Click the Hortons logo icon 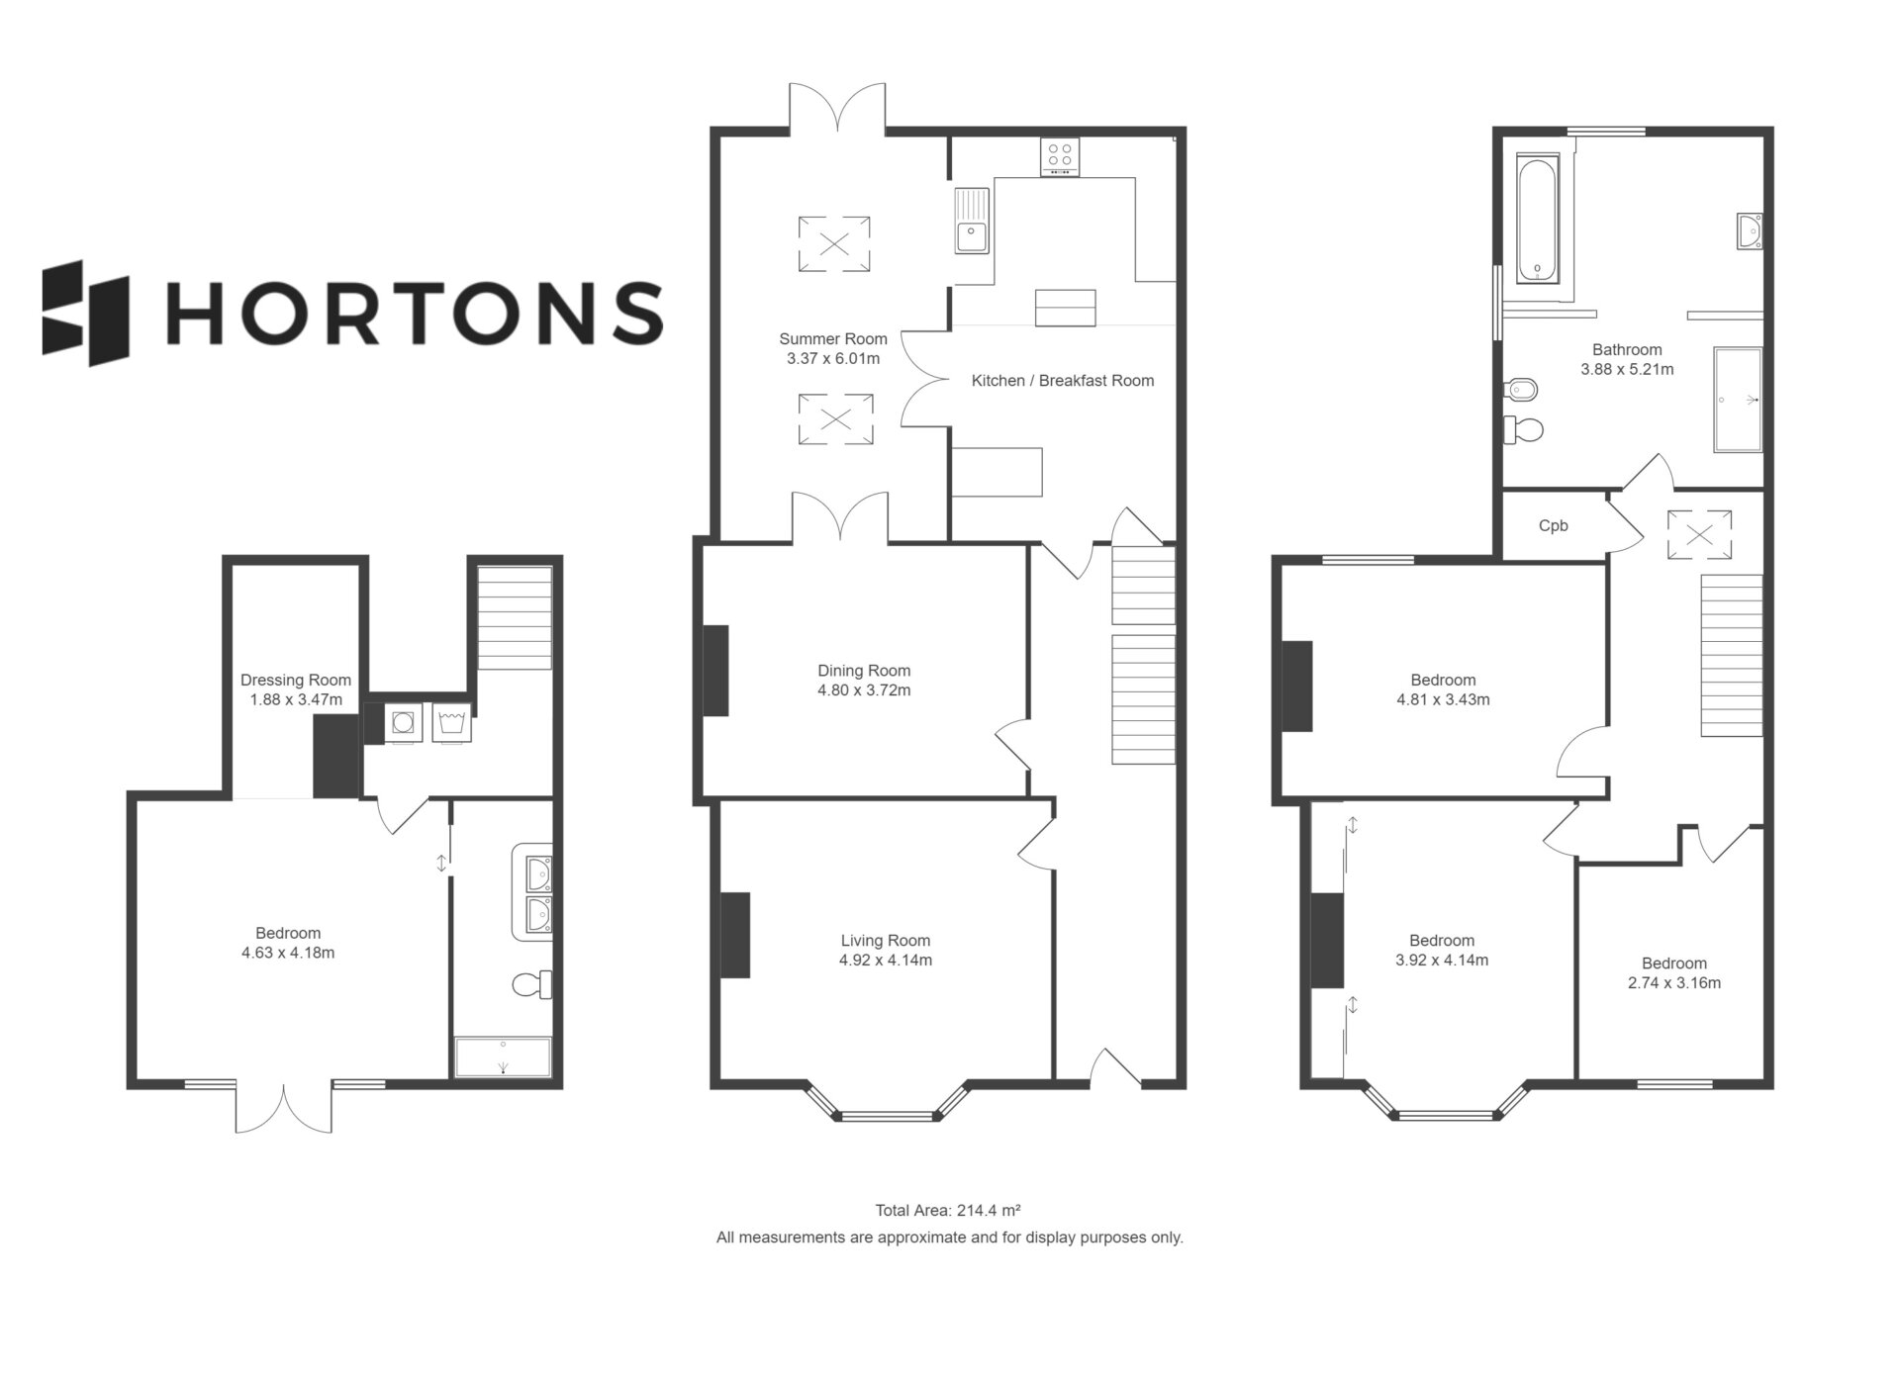click(86, 313)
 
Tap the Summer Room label click(833, 338)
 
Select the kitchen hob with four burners click(1060, 156)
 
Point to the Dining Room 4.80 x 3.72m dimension click(864, 690)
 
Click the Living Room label click(886, 940)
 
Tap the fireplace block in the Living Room click(734, 935)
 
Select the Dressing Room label click(296, 680)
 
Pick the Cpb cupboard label click(1554, 526)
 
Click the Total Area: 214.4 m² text click(948, 1210)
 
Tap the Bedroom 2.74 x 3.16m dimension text click(1674, 983)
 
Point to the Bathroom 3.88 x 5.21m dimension click(1627, 369)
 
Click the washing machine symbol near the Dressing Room click(403, 723)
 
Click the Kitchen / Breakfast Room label click(1063, 381)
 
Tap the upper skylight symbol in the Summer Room click(835, 243)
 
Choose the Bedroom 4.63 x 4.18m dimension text click(288, 953)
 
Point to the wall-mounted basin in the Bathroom click(1749, 230)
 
